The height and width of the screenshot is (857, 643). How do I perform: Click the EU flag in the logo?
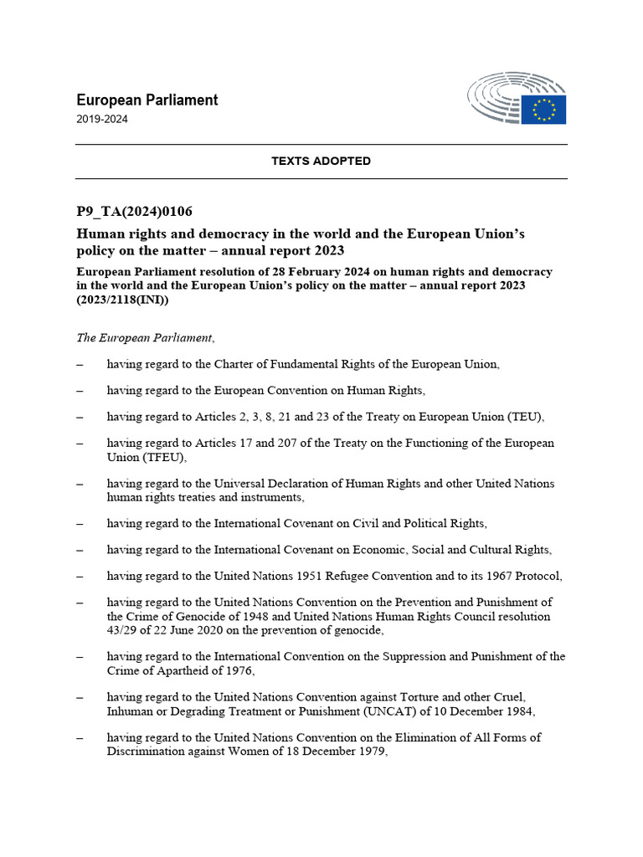pyautogui.click(x=543, y=110)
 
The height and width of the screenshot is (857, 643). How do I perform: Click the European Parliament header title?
pyautogui.click(x=147, y=100)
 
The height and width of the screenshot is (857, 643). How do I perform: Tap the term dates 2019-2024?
pyautogui.click(x=102, y=119)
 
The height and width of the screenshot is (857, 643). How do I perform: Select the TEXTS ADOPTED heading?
pyautogui.click(x=321, y=161)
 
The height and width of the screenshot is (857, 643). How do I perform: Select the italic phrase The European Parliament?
pyautogui.click(x=145, y=338)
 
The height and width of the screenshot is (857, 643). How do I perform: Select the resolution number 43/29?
pyautogui.click(x=121, y=630)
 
